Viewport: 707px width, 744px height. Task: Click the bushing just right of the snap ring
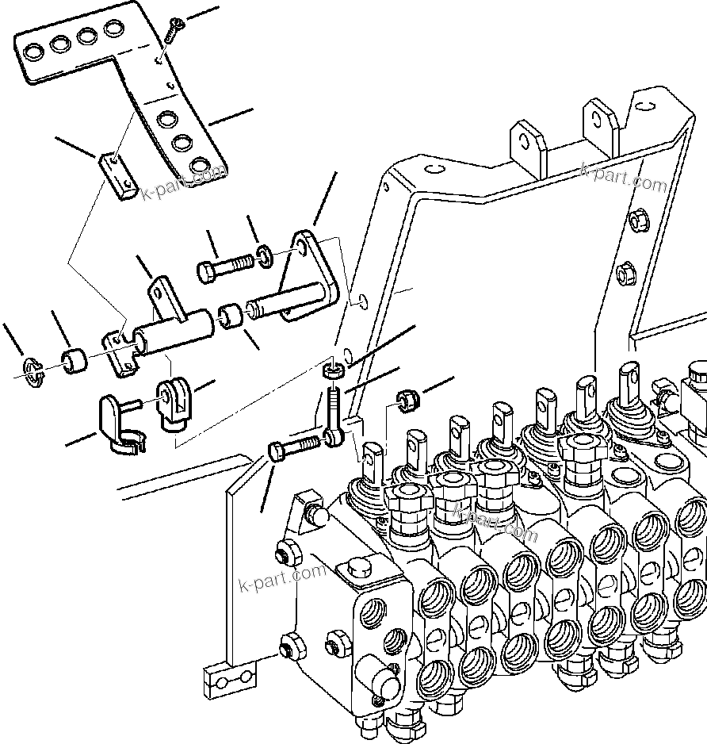(x=75, y=359)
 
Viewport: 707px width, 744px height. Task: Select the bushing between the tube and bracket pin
(x=231, y=316)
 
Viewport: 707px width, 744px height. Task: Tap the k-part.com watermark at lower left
(x=281, y=578)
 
